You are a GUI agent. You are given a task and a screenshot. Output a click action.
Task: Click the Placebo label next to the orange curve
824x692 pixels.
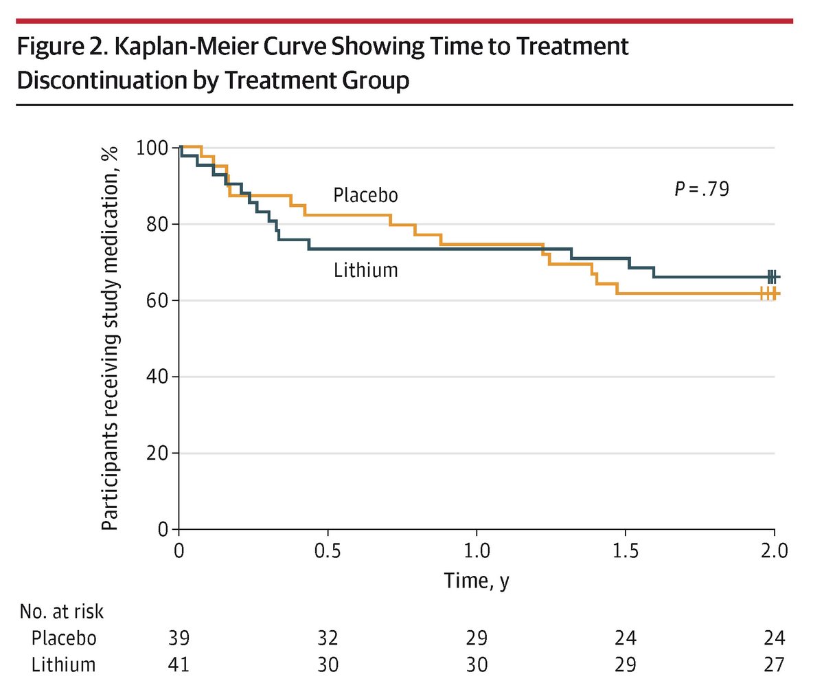click(x=365, y=195)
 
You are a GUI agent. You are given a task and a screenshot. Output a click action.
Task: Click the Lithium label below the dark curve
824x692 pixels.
click(x=365, y=269)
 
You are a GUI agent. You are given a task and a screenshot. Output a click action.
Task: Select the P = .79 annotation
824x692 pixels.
click(x=700, y=188)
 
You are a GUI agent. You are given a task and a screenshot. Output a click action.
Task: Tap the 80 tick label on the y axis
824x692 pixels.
click(x=157, y=225)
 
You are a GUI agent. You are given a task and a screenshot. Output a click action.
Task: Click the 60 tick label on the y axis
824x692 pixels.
click(x=157, y=301)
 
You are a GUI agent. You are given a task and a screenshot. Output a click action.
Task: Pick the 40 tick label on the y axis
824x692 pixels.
click(x=157, y=377)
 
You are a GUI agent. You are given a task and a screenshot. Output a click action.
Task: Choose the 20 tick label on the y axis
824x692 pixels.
click(x=157, y=454)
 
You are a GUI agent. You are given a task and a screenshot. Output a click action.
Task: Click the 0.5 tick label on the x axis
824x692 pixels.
click(x=328, y=552)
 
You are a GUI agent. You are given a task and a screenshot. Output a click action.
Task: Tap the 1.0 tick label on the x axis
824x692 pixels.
click(x=477, y=552)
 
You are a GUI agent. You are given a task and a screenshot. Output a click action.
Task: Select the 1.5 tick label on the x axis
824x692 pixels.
click(x=626, y=552)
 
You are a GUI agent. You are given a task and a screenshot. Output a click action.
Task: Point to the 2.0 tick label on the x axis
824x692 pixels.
click(x=774, y=552)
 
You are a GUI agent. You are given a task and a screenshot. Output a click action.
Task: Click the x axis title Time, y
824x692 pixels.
click(x=477, y=581)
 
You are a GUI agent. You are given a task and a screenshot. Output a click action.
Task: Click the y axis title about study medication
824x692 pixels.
click(x=111, y=338)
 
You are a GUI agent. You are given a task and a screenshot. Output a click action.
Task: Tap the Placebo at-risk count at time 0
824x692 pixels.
click(x=179, y=638)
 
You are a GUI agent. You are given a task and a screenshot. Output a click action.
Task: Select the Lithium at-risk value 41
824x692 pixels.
click(x=179, y=665)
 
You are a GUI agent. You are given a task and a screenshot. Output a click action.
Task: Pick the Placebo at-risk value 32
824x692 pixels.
click(x=328, y=638)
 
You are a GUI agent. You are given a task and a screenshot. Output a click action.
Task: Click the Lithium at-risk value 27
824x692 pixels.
click(x=774, y=665)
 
